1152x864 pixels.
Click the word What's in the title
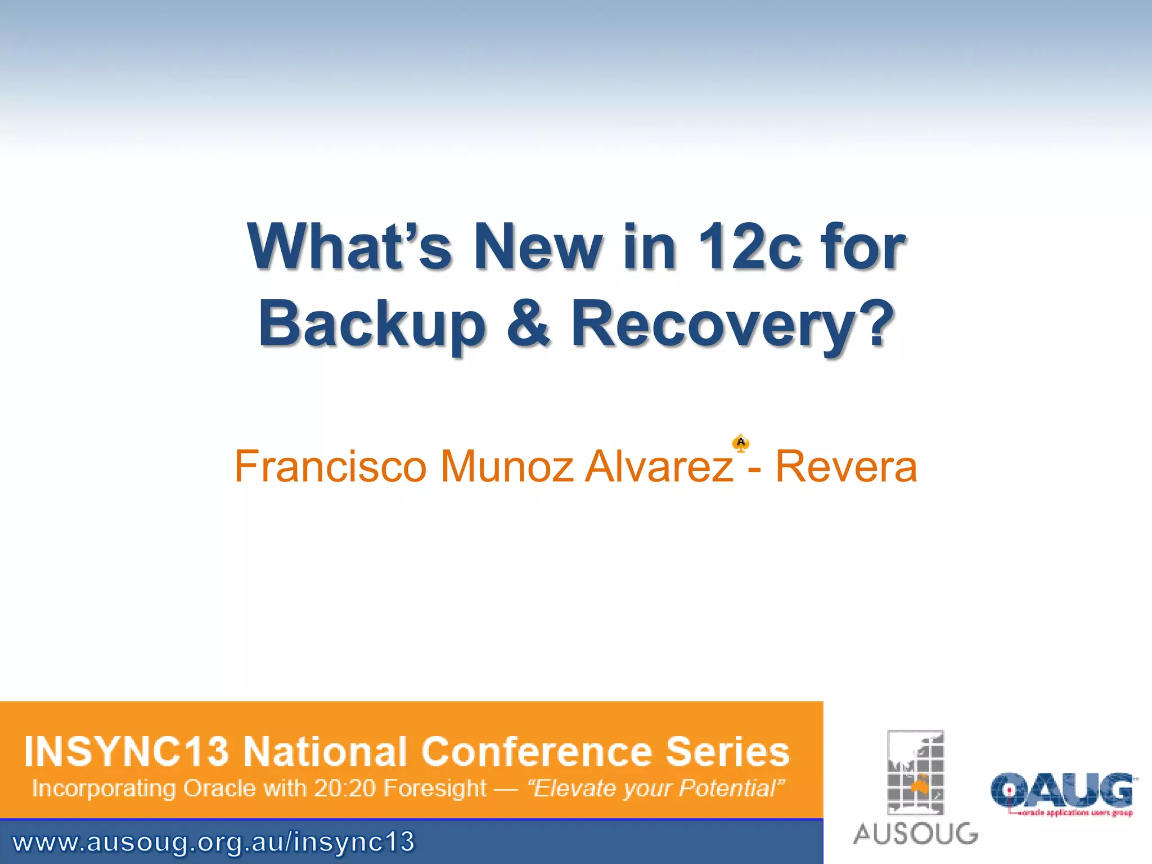tap(349, 247)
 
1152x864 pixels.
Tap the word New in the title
tap(537, 247)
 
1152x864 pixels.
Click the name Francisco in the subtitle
tap(331, 466)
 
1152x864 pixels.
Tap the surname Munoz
tap(506, 466)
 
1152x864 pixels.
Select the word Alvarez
tap(659, 466)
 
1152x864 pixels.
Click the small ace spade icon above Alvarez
tap(741, 443)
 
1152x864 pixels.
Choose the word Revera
tap(846, 466)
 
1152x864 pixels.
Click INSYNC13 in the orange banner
tap(127, 751)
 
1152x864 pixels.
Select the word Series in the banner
tap(728, 751)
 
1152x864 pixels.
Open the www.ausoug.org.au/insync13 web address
tap(213, 842)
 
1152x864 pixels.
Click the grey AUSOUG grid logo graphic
tap(915, 772)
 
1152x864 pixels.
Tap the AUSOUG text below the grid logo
tap(915, 833)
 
